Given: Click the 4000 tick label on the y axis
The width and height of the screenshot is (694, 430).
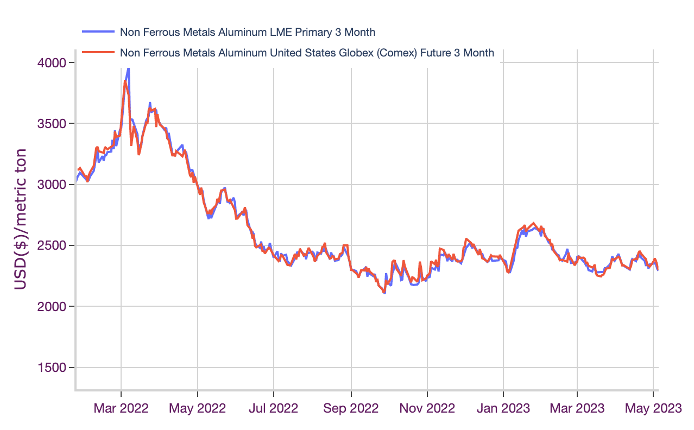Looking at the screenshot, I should (52, 63).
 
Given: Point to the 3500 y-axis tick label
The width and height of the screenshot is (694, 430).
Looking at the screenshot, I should (52, 124).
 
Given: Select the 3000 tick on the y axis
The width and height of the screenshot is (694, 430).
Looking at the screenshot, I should (52, 185).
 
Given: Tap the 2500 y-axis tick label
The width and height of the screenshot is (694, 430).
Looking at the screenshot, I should (52, 246).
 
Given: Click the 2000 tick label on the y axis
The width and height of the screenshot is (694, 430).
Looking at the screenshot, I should (52, 307).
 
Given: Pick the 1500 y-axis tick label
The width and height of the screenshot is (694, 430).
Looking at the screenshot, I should (52, 368).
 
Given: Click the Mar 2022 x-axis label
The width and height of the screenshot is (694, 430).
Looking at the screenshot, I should (121, 408).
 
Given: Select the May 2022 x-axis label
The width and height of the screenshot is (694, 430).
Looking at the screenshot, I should (198, 408).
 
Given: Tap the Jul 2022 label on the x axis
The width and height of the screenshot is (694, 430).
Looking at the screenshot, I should (274, 408).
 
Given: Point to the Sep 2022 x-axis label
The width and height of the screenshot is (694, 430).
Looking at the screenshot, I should (351, 408).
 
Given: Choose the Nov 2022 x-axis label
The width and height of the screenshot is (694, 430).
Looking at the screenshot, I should (428, 408).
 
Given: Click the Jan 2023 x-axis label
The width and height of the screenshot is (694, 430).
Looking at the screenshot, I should (503, 408).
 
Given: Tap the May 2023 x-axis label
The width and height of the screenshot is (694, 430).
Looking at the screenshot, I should (653, 408).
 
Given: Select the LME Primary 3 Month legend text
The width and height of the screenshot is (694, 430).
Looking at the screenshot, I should (247, 32).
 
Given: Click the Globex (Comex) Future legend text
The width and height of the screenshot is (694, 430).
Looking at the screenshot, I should (307, 53).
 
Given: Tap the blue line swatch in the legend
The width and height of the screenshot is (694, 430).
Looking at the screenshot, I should (98, 32).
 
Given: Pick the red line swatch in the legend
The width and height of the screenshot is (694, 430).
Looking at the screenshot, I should (98, 53).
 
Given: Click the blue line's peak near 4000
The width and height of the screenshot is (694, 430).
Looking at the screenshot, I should (128, 68).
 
